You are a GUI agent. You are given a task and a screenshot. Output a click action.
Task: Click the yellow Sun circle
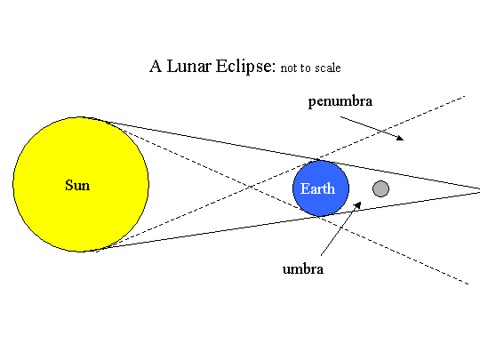[81, 184]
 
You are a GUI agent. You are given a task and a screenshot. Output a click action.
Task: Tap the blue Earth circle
[321, 188]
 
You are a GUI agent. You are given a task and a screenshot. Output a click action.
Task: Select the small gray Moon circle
[380, 188]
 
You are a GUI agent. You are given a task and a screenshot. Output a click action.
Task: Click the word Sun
[77, 185]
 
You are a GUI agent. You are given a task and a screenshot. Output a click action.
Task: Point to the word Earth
[317, 188]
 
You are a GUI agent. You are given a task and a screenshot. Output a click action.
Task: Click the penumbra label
[340, 101]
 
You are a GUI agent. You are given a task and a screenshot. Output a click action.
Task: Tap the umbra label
[303, 269]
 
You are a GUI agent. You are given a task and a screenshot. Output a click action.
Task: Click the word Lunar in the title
[188, 66]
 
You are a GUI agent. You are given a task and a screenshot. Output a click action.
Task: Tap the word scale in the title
[328, 68]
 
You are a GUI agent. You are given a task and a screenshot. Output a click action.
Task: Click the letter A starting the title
[156, 66]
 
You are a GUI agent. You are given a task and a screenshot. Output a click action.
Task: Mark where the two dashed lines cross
[252, 186]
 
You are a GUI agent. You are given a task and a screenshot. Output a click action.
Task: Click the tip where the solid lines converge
[479, 190]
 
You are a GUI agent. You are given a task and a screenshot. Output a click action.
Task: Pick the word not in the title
[288, 68]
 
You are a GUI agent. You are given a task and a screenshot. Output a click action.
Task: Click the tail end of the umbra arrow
[321, 255]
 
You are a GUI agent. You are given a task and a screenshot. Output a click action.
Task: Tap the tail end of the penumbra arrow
[340, 116]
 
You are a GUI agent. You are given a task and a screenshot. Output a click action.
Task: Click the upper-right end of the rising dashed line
[465, 96]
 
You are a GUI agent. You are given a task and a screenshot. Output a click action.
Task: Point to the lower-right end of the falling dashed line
[468, 284]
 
